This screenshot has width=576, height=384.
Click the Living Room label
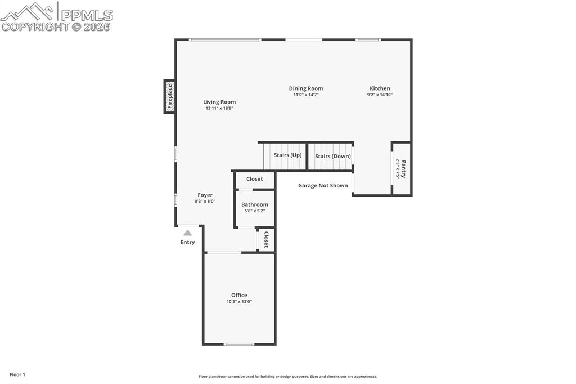(219, 102)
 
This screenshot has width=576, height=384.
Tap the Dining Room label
(306, 88)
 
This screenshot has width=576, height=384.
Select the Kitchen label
(380, 88)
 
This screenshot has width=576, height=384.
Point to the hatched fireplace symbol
(169, 97)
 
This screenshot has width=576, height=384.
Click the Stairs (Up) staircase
(285, 156)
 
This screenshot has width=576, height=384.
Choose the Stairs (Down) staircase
(331, 156)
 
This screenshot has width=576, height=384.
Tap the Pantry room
(401, 169)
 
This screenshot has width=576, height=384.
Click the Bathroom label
(255, 204)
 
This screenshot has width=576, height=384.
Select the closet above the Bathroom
(255, 180)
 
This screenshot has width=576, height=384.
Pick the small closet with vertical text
(266, 240)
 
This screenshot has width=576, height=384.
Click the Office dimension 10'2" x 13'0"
(239, 302)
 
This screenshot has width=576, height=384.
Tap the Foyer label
(205, 195)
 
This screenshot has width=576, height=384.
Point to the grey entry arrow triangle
(187, 233)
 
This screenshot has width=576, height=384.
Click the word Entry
(187, 243)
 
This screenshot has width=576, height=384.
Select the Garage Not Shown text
(323, 185)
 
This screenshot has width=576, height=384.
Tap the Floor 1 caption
(17, 374)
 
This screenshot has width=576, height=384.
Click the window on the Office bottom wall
(239, 344)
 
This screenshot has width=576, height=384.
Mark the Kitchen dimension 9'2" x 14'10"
(380, 95)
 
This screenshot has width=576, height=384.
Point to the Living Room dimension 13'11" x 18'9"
(219, 108)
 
